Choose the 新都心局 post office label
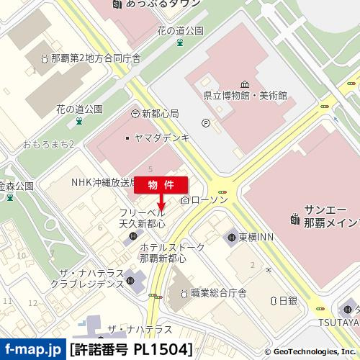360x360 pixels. pyautogui.click(x=154, y=114)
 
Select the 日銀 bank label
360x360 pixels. pyautogui.click(x=287, y=300)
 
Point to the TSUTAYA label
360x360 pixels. pyautogui.click(x=337, y=322)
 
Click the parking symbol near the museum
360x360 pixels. pyautogui.click(x=206, y=123)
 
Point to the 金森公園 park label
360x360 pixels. pyautogui.click(x=16, y=186)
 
